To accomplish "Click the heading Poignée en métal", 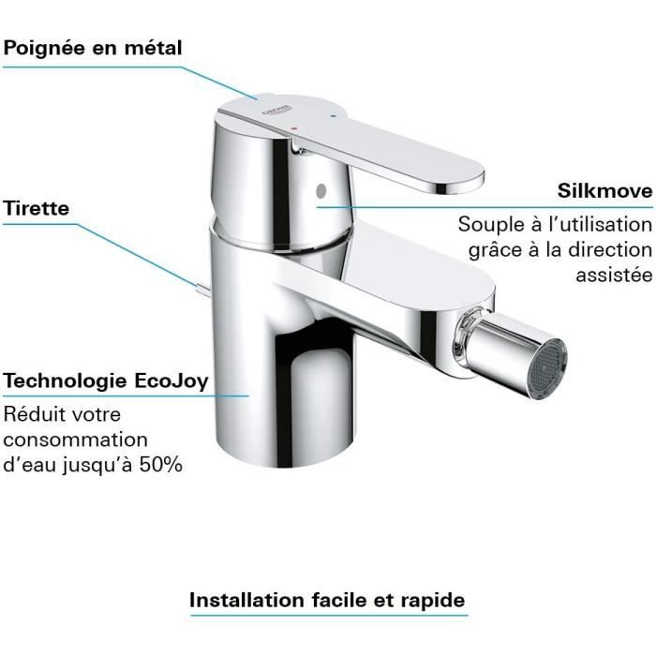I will pos(93,48).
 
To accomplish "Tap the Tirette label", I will pos(37,208).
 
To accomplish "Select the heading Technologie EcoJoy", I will pos(106,381).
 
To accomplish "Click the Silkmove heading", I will pos(605,191).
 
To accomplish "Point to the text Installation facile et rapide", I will pos(327,599).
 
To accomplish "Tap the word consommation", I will pos(76,439).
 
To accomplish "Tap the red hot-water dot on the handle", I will pos(297,123).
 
